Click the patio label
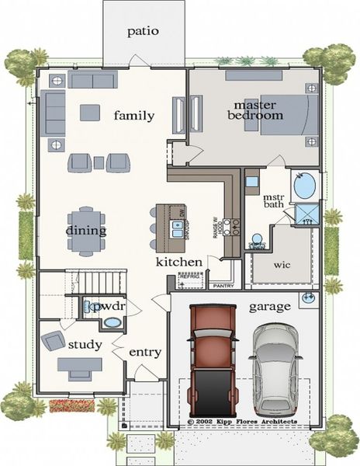pos(144,32)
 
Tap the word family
pos(134,116)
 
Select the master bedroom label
pos(255,110)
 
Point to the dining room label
pos(85,231)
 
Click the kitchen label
pos(178,263)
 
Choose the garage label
pos(269,307)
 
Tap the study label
pos(85,344)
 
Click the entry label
pos(145,352)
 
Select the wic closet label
pos(282,264)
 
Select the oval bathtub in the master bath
pos(305,186)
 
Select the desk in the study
pos(79,364)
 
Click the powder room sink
pos(112,322)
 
